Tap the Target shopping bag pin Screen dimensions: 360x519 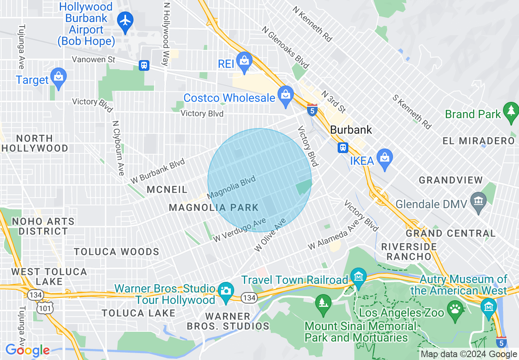click(59, 78)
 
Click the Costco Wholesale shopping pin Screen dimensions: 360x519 click(285, 96)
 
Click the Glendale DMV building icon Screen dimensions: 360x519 click(478, 202)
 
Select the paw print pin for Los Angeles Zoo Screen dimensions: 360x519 click(455, 309)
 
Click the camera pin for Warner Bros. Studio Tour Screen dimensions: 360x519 click(226, 291)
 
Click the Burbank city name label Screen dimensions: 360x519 click(351, 130)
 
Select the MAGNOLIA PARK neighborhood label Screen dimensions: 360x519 click(214, 207)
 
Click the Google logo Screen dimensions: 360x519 click(27, 350)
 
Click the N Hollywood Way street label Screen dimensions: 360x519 click(166, 34)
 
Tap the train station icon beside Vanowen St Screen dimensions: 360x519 click(144, 65)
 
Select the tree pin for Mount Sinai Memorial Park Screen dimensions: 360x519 click(323, 304)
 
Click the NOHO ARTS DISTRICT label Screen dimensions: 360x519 click(43, 226)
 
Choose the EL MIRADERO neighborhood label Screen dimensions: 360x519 click(478, 141)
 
